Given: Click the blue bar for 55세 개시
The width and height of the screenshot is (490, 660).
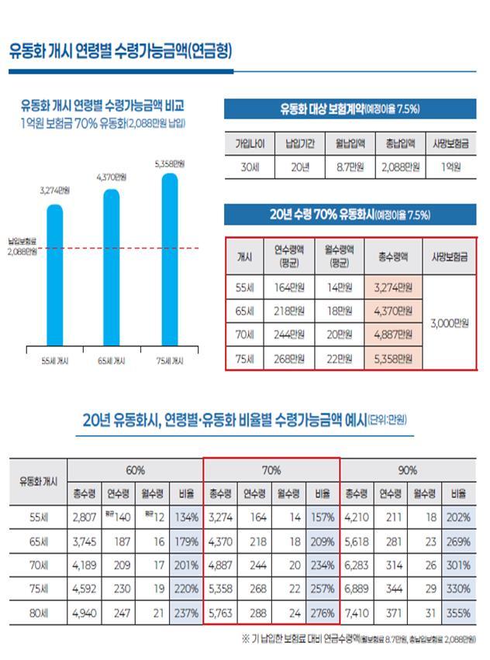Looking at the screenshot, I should click(x=54, y=275).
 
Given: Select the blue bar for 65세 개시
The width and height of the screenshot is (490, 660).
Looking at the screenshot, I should click(x=112, y=267).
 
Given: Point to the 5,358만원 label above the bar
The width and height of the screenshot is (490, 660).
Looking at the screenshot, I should click(x=169, y=163).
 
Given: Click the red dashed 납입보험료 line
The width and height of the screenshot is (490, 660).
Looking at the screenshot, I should click(x=116, y=248).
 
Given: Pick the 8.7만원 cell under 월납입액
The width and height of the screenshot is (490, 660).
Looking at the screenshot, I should click(x=350, y=167).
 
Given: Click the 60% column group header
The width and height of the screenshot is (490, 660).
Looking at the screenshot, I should click(x=136, y=469).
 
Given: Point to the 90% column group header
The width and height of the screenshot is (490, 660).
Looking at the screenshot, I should click(x=408, y=469).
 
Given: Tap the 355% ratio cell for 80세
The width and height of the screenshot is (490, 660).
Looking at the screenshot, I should click(x=458, y=614).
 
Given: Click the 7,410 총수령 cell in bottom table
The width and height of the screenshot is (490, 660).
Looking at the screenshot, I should click(x=357, y=614).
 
